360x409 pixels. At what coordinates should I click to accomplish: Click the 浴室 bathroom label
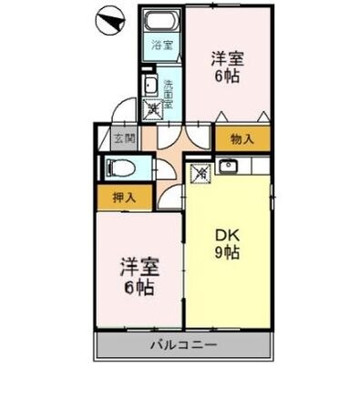(x=162, y=43)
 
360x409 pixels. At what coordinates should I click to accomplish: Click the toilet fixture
(x=117, y=168)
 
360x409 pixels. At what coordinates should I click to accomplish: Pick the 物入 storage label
(x=242, y=139)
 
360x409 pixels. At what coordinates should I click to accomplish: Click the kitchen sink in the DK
(x=228, y=168)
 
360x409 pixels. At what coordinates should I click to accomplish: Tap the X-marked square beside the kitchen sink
(x=200, y=169)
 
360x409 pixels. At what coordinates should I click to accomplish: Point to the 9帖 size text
(x=227, y=253)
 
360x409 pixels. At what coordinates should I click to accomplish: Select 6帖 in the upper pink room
(x=228, y=77)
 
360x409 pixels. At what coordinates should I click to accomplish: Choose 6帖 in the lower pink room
(x=139, y=289)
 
